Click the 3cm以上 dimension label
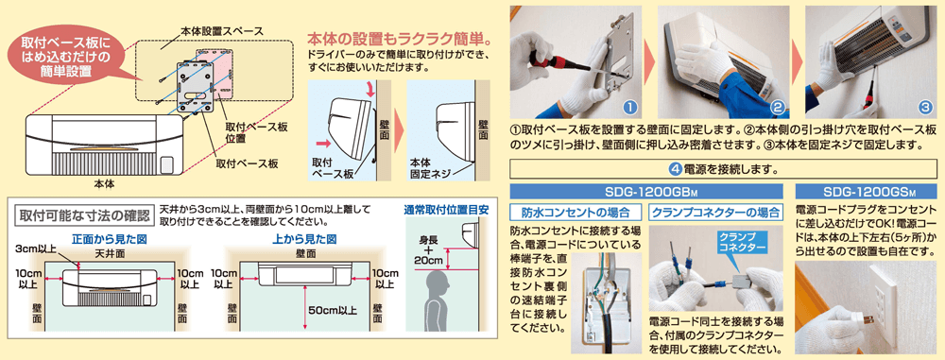coord(33,249)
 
